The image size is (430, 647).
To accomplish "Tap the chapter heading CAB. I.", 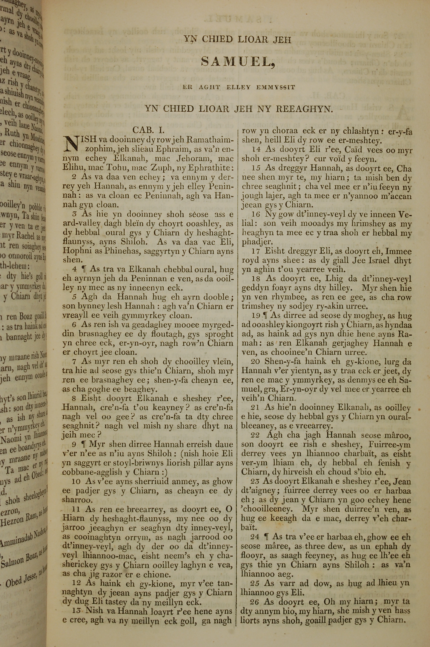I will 148,130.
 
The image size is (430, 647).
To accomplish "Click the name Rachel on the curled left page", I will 26,236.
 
